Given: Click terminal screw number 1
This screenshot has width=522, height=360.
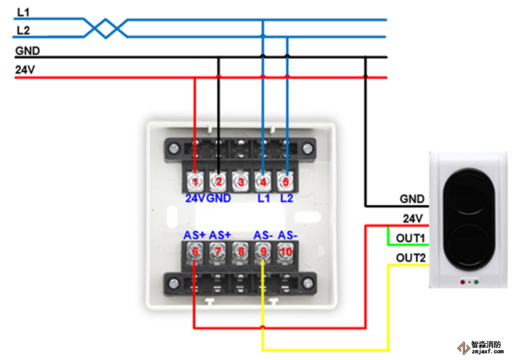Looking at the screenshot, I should [x=195, y=181].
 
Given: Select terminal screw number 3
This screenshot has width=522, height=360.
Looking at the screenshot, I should [x=241, y=181].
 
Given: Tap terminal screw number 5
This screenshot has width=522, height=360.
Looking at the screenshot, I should [x=286, y=181].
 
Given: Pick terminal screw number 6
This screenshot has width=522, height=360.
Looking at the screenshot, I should [x=195, y=251].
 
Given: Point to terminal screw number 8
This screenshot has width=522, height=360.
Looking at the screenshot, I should [x=241, y=251].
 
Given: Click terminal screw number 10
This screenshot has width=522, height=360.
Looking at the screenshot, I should [x=286, y=251].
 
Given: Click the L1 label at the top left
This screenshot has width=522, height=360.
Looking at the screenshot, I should [x=23, y=11].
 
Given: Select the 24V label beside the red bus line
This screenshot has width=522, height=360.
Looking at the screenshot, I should [x=25, y=71].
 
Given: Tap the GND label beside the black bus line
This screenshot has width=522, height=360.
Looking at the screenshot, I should [x=27, y=51].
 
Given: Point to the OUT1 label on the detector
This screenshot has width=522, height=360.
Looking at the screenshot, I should [x=411, y=239].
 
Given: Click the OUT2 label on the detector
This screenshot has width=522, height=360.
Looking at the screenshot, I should [x=411, y=258].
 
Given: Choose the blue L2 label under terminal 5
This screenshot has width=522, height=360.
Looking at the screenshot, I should [x=286, y=198].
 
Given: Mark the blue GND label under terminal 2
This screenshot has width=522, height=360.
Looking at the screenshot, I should [x=219, y=198].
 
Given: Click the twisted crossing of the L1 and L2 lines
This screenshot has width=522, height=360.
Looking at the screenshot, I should [x=105, y=28].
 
